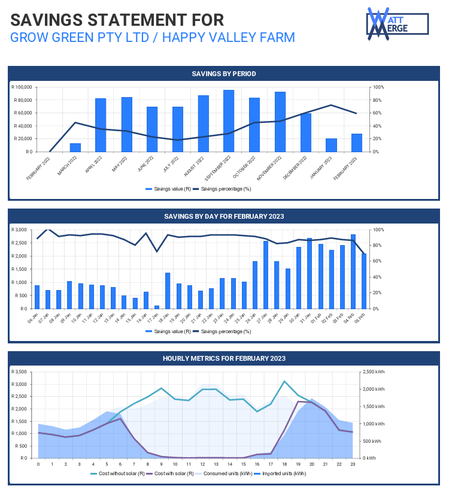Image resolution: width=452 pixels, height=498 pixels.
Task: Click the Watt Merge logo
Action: coord(397,23)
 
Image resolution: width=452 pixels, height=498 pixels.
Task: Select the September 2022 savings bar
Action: coord(229,120)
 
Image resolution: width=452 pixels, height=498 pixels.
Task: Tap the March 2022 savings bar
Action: coord(75,147)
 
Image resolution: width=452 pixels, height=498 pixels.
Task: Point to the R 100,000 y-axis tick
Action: coord(22,87)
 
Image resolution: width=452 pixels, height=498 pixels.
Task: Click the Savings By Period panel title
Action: coord(224,74)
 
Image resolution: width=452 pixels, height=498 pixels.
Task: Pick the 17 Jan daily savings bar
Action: coord(157,307)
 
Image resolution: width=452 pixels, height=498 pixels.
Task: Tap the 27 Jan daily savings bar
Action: coord(266,274)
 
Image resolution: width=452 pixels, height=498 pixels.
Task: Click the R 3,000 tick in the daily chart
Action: coord(22,230)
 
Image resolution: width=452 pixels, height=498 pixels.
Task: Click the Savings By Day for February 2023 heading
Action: coord(224,216)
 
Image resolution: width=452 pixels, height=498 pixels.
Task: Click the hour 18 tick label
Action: coord(284,464)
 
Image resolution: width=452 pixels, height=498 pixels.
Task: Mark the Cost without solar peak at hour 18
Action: coord(284,381)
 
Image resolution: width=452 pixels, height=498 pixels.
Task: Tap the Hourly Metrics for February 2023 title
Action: coord(224,358)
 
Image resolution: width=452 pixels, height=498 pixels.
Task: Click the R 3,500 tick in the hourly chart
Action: coord(22,372)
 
